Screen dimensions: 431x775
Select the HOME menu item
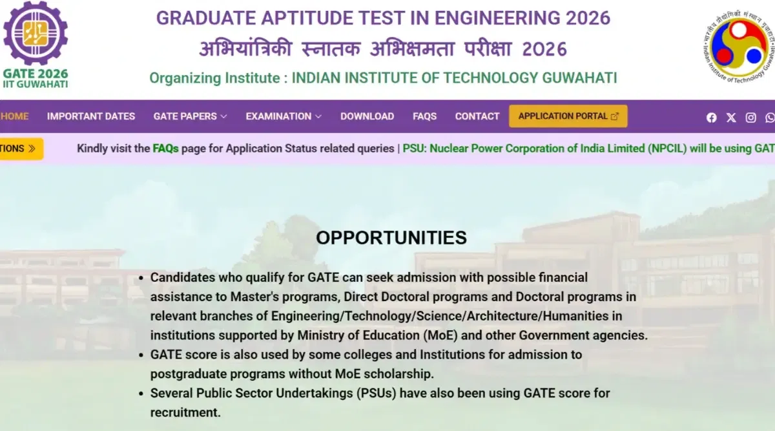[x=14, y=116]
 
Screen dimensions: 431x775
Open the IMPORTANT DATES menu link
[x=91, y=116]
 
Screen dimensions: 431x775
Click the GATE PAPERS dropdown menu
[x=190, y=116]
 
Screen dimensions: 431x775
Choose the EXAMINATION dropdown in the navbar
[x=283, y=116]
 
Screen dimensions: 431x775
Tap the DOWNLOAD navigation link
[x=367, y=116]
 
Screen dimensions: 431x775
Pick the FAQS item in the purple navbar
[x=424, y=116]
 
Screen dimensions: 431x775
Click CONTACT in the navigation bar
[x=477, y=116]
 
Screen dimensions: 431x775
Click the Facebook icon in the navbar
[x=712, y=117]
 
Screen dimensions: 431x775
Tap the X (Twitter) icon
[x=731, y=117]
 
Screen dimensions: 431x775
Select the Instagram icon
[x=750, y=117]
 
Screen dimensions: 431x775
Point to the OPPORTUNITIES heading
[x=391, y=238]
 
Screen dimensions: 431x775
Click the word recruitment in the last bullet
[x=185, y=412]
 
